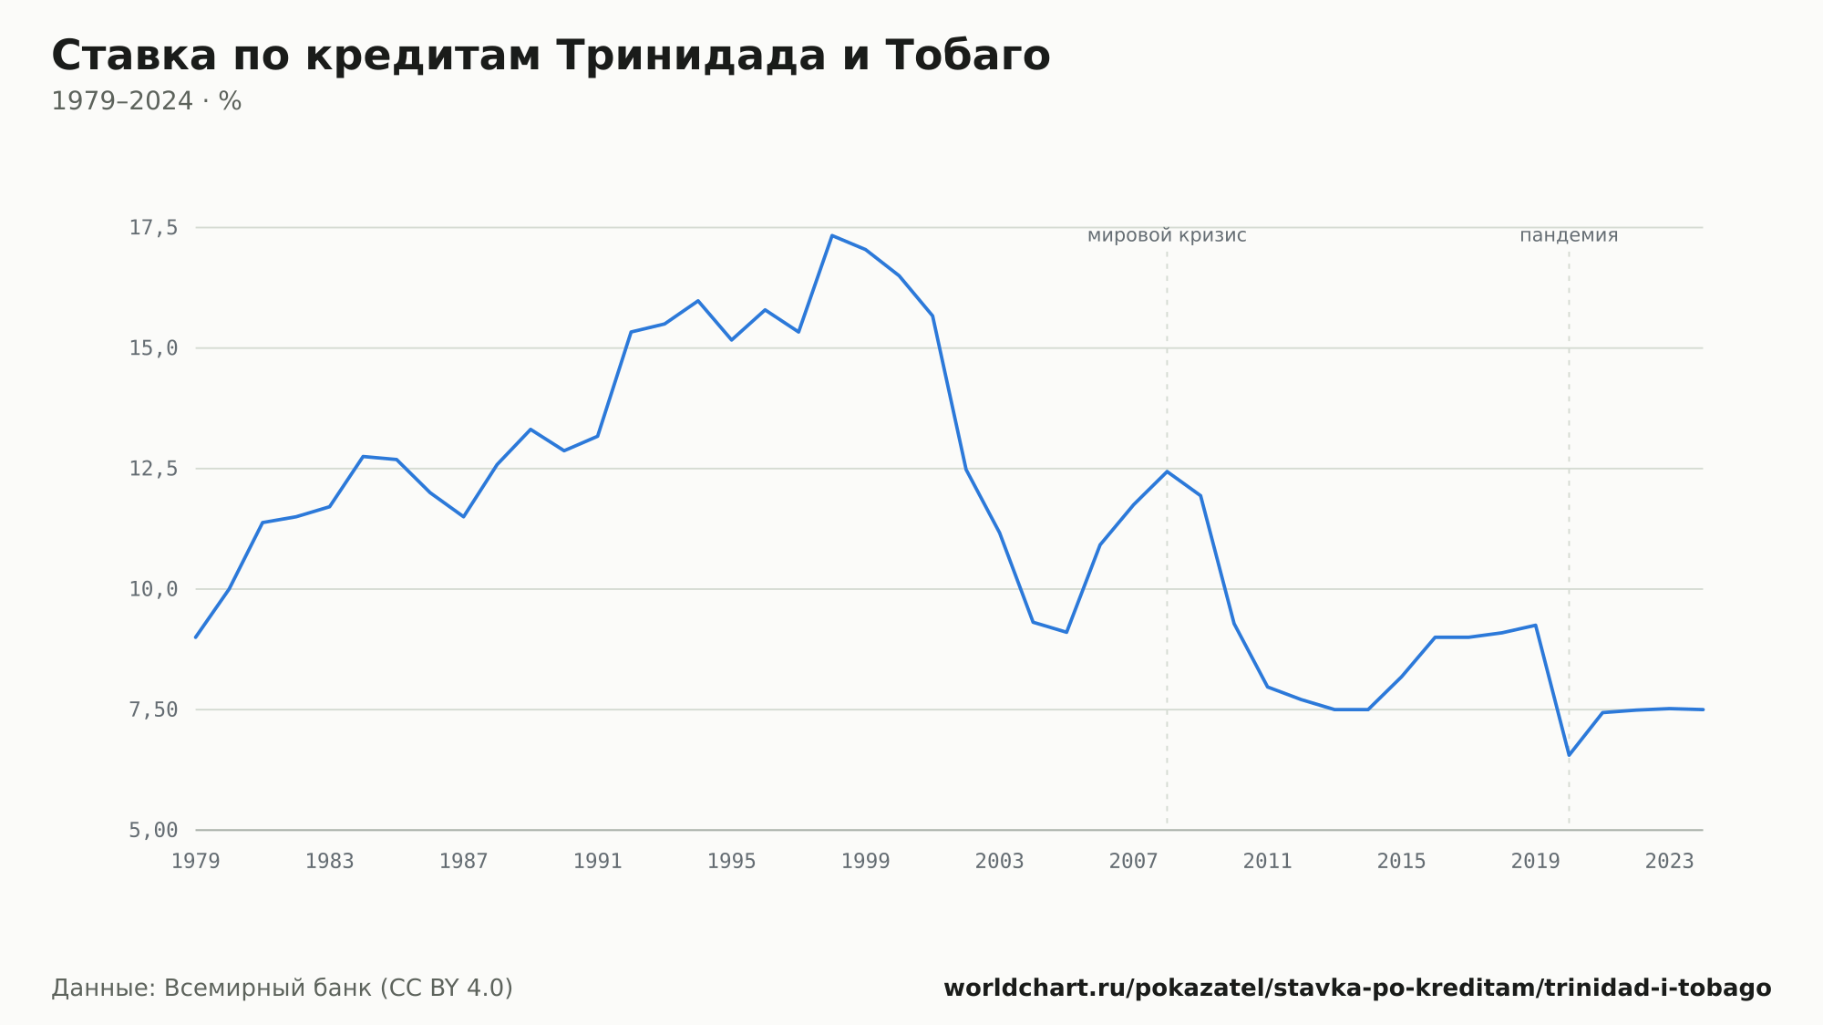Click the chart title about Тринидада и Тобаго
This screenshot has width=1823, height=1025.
[x=551, y=56]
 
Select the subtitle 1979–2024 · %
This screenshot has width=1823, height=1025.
[x=146, y=101]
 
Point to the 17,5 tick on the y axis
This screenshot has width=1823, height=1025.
[x=153, y=228]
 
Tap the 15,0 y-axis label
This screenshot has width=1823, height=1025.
[x=153, y=348]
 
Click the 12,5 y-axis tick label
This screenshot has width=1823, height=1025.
[x=153, y=469]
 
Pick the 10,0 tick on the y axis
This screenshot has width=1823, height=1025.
[x=153, y=589]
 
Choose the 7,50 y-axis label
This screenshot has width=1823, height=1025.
[x=153, y=709]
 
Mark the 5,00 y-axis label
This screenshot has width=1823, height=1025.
[x=153, y=830]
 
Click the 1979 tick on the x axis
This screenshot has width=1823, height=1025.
[x=196, y=862]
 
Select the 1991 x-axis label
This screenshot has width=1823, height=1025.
[x=598, y=862]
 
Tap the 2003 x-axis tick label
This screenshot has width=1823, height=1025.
[x=1000, y=862]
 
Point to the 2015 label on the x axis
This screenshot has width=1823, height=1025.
[x=1402, y=862]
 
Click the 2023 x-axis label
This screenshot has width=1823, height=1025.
[x=1670, y=862]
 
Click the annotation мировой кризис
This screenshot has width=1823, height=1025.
[x=1167, y=235]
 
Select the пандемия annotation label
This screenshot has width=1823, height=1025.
[x=1569, y=235]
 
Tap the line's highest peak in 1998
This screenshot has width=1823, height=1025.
[x=832, y=235]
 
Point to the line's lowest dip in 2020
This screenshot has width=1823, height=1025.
[x=1569, y=755]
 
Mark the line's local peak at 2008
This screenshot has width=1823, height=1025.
[x=1167, y=471]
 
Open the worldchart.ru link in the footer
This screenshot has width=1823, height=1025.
[x=1357, y=989]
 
